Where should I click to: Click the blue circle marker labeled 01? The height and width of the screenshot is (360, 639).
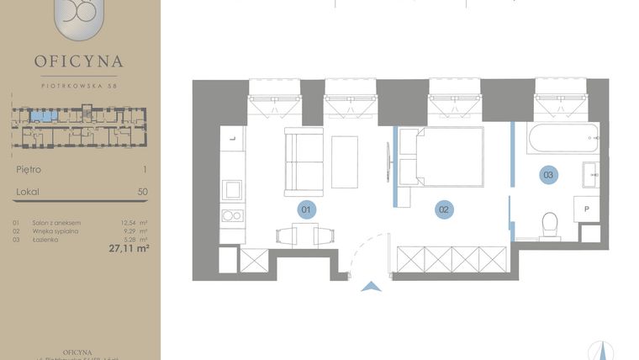308,209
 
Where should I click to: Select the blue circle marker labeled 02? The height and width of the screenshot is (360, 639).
444,209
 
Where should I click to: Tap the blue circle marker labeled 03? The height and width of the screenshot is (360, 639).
548,175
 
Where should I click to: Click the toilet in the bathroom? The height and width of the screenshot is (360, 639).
550,224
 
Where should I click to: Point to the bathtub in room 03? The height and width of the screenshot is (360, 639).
562,139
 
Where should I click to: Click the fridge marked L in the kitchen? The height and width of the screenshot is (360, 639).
231,137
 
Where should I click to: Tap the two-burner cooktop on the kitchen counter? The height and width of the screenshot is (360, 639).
232,215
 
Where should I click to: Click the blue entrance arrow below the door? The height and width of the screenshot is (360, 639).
369,288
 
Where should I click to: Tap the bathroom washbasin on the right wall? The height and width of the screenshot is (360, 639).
590,175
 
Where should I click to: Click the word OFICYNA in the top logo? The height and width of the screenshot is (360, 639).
79,61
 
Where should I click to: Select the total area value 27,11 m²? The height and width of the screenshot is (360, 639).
128,248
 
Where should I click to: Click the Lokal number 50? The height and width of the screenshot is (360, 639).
142,192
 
